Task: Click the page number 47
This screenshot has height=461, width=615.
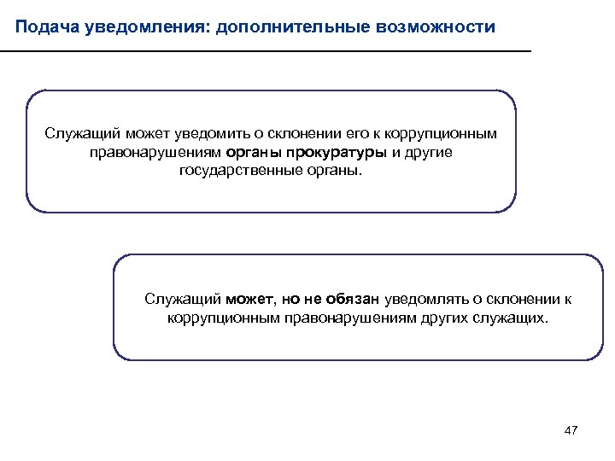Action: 571,430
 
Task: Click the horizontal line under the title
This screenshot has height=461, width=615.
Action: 265,53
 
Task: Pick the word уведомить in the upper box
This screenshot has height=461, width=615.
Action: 206,135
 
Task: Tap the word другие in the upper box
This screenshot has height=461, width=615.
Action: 428,153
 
